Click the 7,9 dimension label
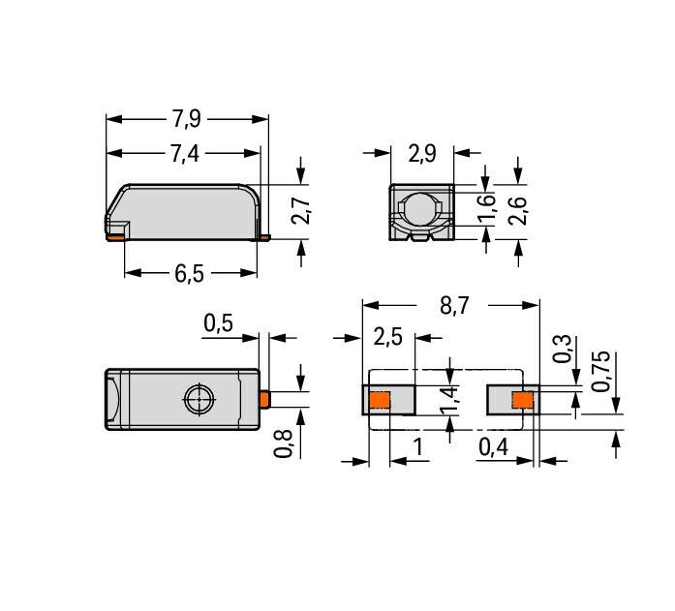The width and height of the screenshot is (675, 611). [186, 119]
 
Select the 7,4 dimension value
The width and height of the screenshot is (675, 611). [185, 153]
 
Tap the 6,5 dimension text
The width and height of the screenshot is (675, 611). [189, 273]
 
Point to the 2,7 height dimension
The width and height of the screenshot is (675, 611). [300, 211]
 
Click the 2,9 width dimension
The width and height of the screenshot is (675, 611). [422, 153]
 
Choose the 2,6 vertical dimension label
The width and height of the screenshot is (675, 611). [517, 211]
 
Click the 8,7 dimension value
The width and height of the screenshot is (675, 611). [454, 306]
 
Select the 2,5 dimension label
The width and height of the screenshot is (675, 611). [388, 336]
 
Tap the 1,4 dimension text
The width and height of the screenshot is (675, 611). [450, 401]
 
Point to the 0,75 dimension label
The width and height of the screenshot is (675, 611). [600, 371]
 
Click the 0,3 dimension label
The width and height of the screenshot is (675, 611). [563, 349]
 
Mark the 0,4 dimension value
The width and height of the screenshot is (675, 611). [493, 447]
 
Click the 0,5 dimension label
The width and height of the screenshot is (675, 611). [218, 322]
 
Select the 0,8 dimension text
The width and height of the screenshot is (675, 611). [283, 443]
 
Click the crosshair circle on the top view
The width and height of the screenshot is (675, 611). [199, 399]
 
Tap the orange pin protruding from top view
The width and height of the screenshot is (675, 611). [264, 399]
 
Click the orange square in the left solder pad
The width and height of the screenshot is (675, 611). [380, 400]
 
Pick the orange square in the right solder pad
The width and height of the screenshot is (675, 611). [523, 400]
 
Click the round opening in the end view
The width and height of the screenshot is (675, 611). [420, 209]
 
